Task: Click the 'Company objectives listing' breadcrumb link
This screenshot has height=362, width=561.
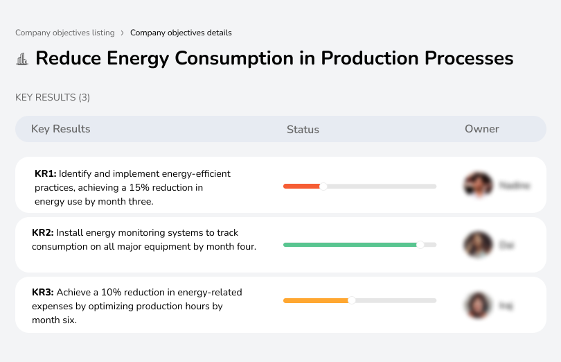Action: point(65,33)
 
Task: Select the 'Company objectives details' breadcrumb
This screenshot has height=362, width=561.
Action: point(181,33)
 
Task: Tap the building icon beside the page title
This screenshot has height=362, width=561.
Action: point(22,59)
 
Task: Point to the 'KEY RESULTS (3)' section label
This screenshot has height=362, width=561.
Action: point(53,98)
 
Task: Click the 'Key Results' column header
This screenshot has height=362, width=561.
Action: point(60,129)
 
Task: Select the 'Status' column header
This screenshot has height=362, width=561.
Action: point(303,130)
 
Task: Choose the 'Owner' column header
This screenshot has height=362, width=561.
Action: point(481,129)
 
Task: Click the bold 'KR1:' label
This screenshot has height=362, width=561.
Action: point(46,174)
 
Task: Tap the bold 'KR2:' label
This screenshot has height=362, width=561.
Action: point(43,233)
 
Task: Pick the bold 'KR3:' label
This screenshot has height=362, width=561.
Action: point(43,293)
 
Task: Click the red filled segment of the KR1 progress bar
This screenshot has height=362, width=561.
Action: point(301,186)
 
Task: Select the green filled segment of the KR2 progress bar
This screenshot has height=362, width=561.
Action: point(349,245)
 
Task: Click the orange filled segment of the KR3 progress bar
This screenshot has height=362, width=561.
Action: point(315,300)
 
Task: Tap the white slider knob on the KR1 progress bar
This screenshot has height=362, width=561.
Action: point(323,186)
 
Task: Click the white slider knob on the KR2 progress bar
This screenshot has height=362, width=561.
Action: point(420,245)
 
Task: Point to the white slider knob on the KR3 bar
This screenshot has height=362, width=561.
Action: point(352,300)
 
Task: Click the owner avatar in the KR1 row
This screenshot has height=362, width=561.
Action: point(477,185)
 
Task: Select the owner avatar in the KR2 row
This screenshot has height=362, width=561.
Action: point(477,245)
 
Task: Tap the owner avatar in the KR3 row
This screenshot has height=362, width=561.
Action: point(477,305)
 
